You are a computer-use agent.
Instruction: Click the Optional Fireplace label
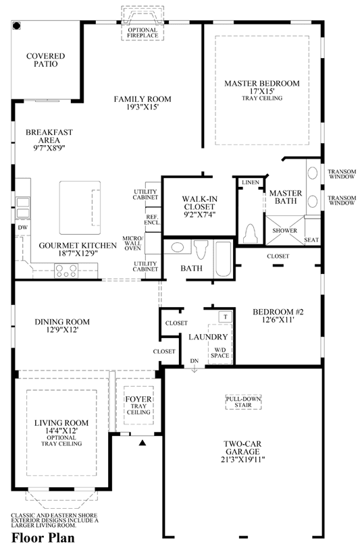point(143,32)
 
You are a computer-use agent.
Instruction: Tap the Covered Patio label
point(46,60)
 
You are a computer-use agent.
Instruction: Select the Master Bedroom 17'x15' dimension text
point(262,91)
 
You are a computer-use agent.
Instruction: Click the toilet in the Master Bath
point(251,233)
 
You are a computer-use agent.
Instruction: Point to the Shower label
point(285,230)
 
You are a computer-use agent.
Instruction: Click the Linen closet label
point(251,182)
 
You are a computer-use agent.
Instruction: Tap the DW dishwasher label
point(23,227)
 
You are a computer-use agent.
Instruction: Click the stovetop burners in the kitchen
point(66,271)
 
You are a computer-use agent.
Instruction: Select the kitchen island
point(80,208)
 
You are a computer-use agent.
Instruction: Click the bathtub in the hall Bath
point(223,258)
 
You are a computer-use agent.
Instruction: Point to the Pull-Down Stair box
point(243,402)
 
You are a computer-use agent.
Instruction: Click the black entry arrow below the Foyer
point(142,443)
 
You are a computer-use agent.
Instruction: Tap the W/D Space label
point(220,352)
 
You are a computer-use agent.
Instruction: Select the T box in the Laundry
point(225,317)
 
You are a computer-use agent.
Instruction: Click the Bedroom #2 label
point(278,312)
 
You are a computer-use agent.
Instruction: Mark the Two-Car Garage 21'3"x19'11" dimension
point(242,460)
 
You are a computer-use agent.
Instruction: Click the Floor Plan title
point(43,538)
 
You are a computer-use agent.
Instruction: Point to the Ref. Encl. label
point(153,220)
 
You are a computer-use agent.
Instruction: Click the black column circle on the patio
point(16,26)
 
